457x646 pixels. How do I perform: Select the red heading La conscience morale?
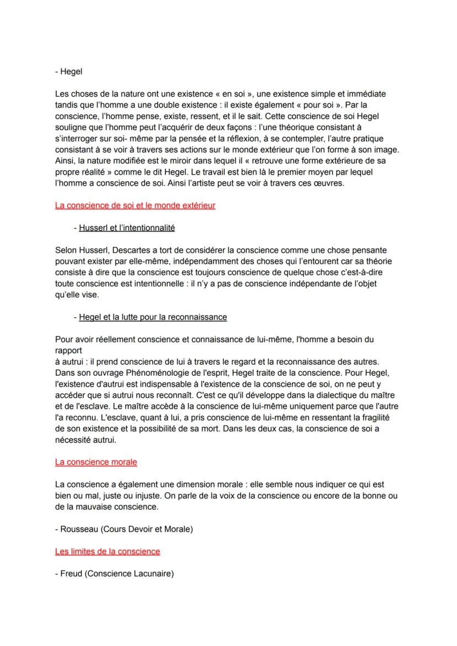tap(96, 461)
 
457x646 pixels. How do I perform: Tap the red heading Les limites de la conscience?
tap(108, 551)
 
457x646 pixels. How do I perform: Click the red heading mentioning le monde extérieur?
tap(135, 206)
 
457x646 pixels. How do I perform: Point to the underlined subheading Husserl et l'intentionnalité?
tap(127, 228)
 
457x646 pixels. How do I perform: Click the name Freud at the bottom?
tap(71, 574)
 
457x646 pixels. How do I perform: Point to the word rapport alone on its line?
tap(69, 350)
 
